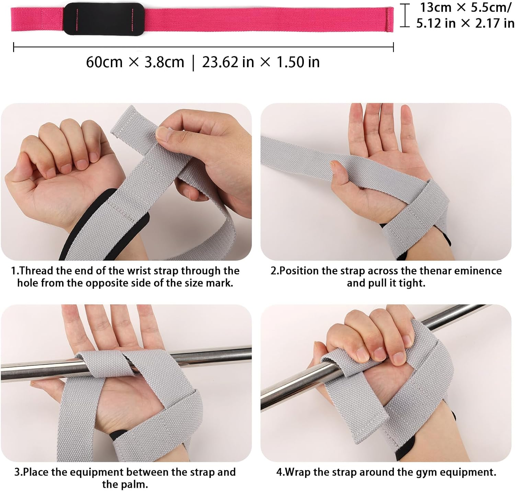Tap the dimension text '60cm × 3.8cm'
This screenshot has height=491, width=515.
click(135, 62)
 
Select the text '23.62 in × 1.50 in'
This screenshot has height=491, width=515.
click(261, 62)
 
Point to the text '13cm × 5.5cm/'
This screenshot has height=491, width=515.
click(466, 7)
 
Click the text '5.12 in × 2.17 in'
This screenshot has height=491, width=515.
click(465, 23)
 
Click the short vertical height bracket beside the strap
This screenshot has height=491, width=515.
click(405, 15)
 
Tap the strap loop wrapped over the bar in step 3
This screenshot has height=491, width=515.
click(103, 363)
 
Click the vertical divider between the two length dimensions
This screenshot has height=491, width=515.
click(193, 63)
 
